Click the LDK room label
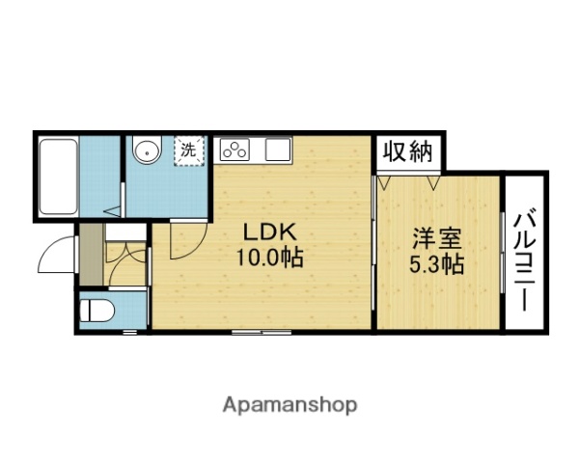click(x=261, y=233)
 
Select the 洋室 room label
click(x=437, y=238)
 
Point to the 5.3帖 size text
click(x=437, y=262)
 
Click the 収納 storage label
click(x=409, y=151)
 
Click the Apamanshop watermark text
click(x=289, y=404)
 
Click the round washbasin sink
click(x=147, y=150)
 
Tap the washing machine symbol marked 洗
click(x=189, y=150)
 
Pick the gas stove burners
click(x=235, y=150)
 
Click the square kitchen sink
click(x=278, y=150)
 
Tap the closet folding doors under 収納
click(x=409, y=179)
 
